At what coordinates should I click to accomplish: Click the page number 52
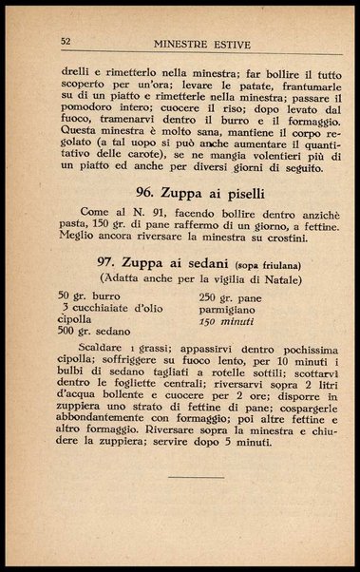click(x=66, y=42)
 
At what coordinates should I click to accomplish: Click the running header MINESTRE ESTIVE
click(x=200, y=42)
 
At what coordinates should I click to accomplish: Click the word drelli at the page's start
click(x=75, y=68)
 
